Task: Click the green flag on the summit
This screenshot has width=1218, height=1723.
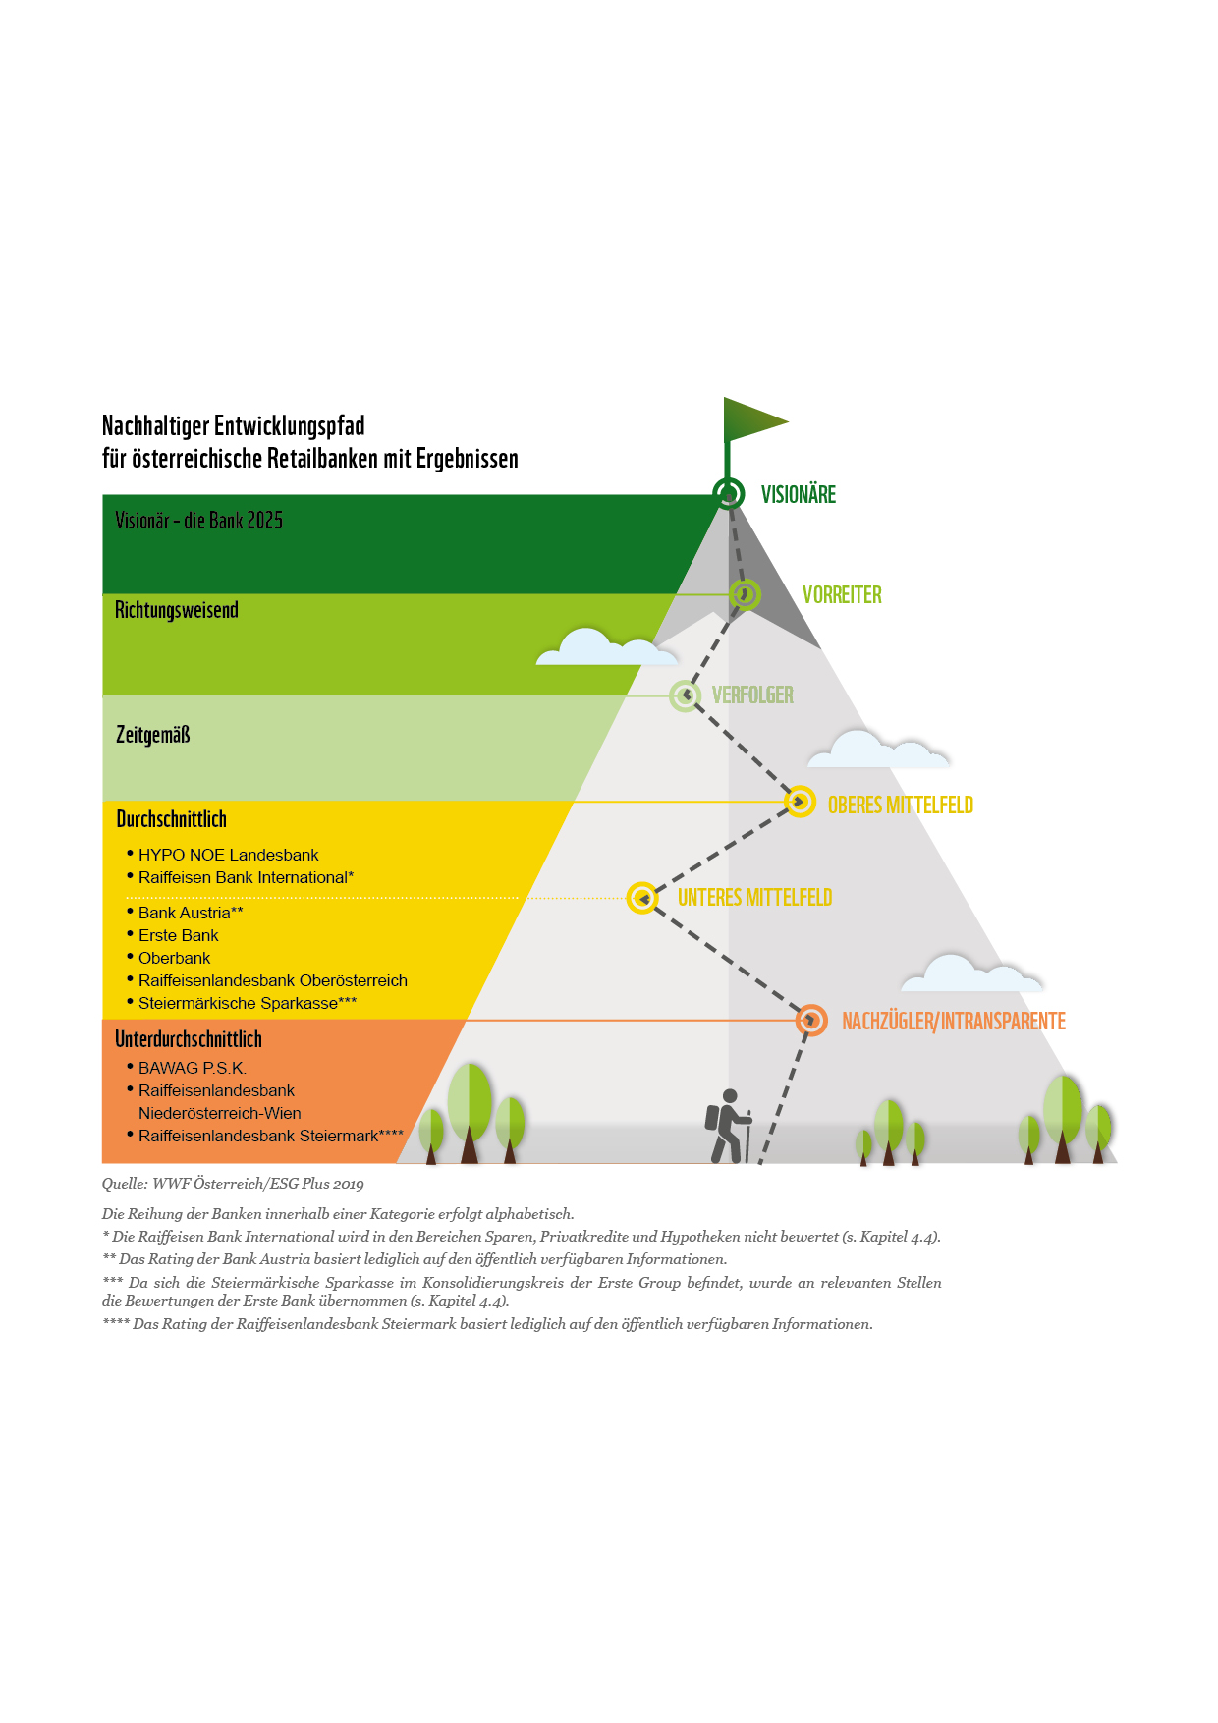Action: [x=750, y=420]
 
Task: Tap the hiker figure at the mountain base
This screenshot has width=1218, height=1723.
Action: [x=728, y=1126]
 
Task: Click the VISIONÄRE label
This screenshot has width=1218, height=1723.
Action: [x=799, y=495]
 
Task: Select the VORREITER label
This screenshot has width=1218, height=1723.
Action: [x=842, y=595]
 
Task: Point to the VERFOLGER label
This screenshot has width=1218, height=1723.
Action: [x=752, y=695]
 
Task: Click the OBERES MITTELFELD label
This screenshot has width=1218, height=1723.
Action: [x=901, y=806]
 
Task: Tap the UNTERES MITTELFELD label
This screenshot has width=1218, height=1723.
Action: [x=754, y=898]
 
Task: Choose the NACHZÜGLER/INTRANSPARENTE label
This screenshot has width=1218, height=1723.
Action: [x=954, y=1022]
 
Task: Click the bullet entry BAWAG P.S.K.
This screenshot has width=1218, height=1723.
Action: [x=186, y=1068]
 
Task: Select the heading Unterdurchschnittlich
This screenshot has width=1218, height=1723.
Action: [x=189, y=1039]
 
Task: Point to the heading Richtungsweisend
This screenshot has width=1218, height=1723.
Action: [x=177, y=610]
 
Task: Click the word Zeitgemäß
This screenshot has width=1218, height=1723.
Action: [x=152, y=735]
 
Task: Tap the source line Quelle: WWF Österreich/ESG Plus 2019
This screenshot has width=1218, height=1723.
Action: [x=233, y=1184]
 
